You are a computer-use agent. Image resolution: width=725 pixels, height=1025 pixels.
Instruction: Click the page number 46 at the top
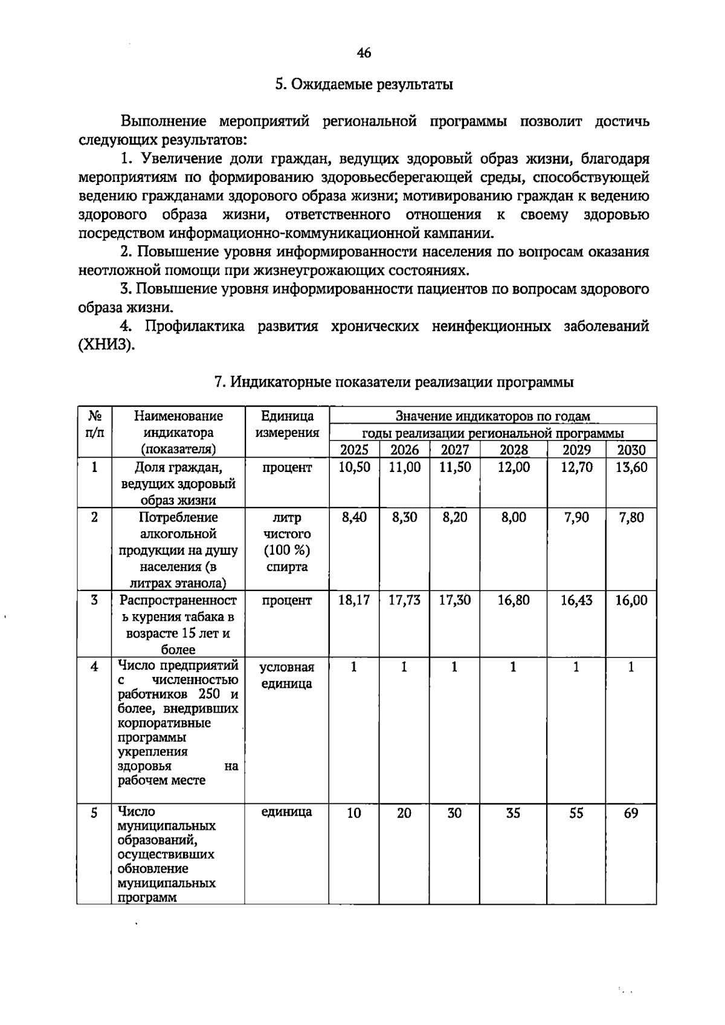tap(364, 53)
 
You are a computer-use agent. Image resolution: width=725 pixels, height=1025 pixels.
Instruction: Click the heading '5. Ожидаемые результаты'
tap(364, 85)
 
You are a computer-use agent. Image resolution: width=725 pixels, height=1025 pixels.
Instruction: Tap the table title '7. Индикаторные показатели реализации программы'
tap(394, 382)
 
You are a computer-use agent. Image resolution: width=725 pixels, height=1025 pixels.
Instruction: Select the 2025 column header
tap(354, 450)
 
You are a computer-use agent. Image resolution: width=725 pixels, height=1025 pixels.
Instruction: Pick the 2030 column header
tap(631, 450)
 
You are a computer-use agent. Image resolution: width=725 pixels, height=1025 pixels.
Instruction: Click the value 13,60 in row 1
tap(631, 467)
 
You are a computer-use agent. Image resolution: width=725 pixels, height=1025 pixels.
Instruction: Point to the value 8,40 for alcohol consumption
tap(354, 517)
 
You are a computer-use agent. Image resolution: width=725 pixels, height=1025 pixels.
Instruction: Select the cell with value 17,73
tap(404, 600)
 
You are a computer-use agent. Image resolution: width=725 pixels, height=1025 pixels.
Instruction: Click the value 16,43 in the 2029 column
tap(576, 600)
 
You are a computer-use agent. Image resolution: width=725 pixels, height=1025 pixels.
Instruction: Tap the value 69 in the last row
tap(631, 813)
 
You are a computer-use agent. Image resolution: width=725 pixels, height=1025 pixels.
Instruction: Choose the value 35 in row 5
tap(513, 813)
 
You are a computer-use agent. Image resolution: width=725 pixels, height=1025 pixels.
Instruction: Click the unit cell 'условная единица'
tap(287, 676)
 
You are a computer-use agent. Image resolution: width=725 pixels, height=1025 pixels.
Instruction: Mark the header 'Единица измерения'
tap(287, 424)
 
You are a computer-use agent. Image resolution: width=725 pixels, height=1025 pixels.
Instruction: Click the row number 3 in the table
tap(94, 600)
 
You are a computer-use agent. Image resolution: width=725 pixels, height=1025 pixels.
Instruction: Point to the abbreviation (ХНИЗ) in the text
tap(106, 345)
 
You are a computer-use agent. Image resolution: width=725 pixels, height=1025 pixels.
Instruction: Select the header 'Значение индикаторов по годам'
tap(492, 416)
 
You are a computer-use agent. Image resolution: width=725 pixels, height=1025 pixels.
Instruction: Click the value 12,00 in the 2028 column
tap(513, 467)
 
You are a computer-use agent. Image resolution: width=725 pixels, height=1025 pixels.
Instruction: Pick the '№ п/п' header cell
tap(94, 424)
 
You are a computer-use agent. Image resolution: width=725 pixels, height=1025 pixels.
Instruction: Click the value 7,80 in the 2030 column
tap(631, 517)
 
